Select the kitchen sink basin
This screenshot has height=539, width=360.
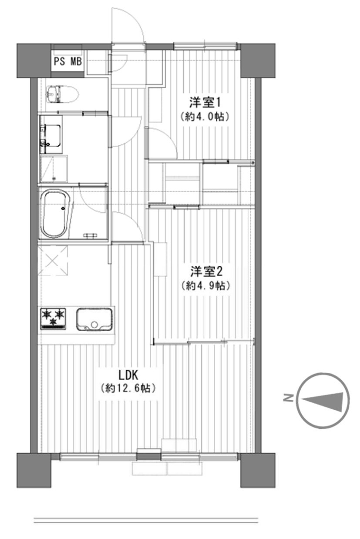(x=94, y=319)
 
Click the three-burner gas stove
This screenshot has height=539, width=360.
(x=53, y=318)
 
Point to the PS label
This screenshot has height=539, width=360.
(x=60, y=61)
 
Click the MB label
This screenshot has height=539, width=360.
(x=76, y=61)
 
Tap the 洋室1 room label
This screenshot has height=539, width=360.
(x=205, y=103)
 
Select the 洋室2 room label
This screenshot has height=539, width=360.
(x=206, y=272)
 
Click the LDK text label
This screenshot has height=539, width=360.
(x=128, y=375)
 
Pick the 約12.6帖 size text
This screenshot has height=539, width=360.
(x=128, y=388)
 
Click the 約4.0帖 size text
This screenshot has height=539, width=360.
(x=205, y=117)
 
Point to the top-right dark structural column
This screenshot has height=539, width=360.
(x=258, y=60)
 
